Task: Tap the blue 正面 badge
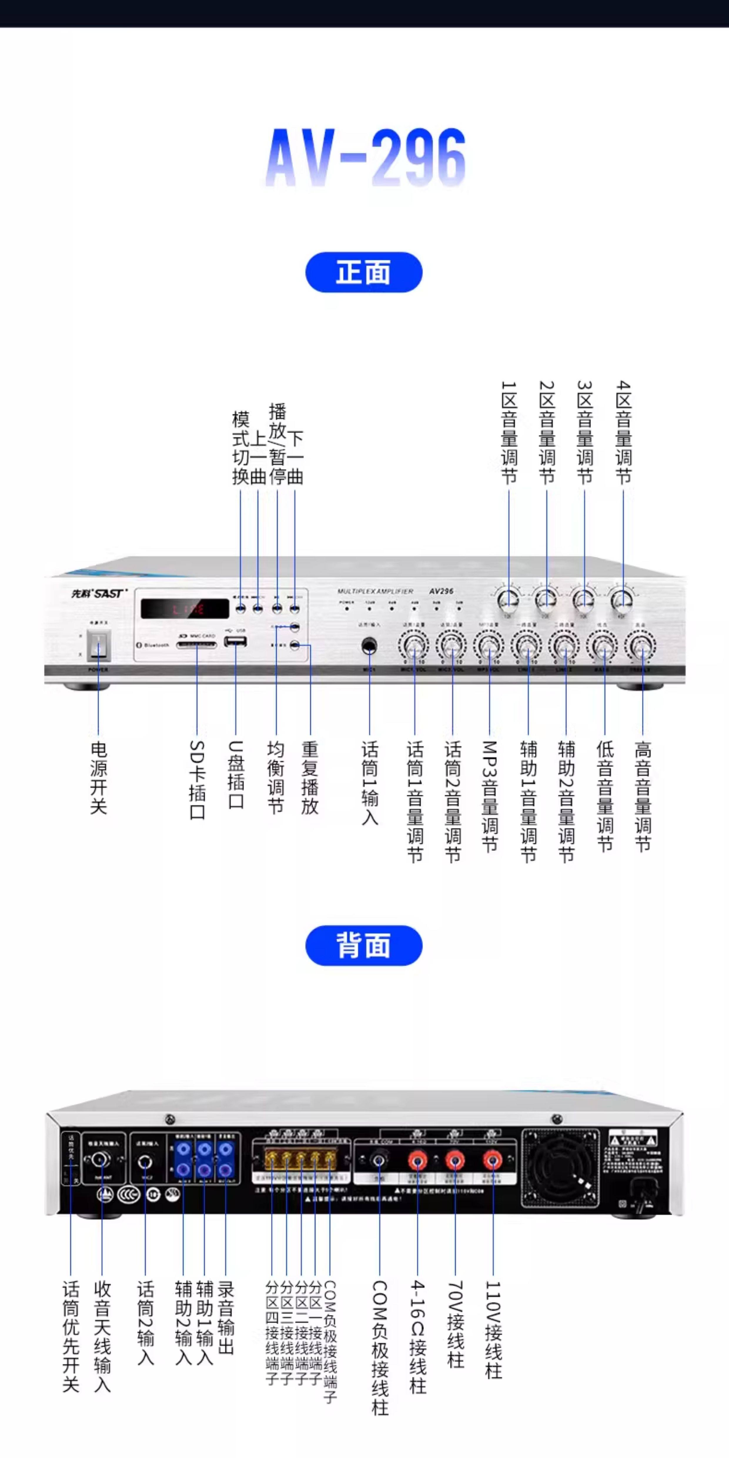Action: pyautogui.click(x=363, y=272)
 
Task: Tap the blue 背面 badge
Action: pyautogui.click(x=363, y=945)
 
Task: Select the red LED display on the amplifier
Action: pyautogui.click(x=185, y=608)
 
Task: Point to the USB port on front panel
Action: pyautogui.click(x=235, y=641)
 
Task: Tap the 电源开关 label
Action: pyautogui.click(x=98, y=777)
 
